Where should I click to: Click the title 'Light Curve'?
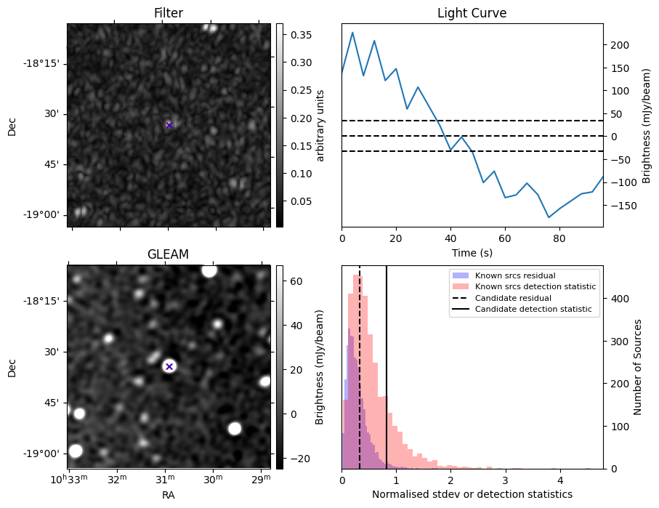point(472,13)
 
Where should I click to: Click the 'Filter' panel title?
point(169,13)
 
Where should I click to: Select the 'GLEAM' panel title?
point(169,254)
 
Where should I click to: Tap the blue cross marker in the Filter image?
point(169,125)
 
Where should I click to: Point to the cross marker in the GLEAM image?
point(169,366)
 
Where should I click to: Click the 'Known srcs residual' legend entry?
point(515,276)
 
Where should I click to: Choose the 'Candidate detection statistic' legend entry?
point(533,310)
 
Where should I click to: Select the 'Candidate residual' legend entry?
point(513,298)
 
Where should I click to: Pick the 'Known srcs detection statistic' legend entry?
point(535,287)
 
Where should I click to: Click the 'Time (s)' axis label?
point(472,253)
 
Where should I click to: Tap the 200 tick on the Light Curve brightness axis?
point(618,45)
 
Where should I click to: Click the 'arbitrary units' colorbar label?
point(320,125)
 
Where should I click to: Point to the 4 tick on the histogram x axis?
point(560,480)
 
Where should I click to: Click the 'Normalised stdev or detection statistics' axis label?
point(472,494)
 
